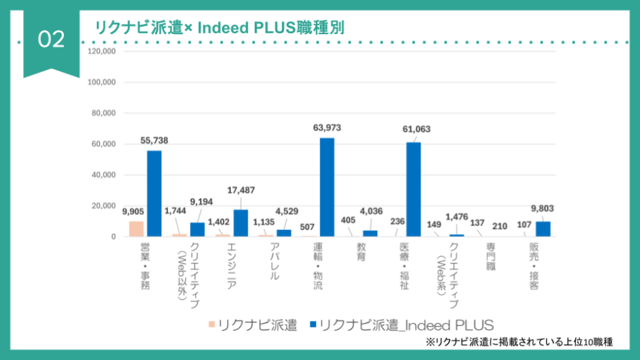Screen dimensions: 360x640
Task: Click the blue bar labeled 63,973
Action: pyautogui.click(x=327, y=187)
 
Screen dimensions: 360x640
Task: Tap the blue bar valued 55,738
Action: pyautogui.click(x=154, y=193)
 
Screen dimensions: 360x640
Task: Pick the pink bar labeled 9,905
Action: pyautogui.click(x=136, y=229)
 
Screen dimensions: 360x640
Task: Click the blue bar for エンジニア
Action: pyautogui.click(x=240, y=223)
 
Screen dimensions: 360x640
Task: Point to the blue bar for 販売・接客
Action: pyautogui.click(x=543, y=229)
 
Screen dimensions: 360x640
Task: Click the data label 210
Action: pyautogui.click(x=500, y=226)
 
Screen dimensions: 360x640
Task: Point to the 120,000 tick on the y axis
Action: pyautogui.click(x=102, y=51)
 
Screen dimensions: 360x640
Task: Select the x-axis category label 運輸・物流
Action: pyautogui.click(x=318, y=266)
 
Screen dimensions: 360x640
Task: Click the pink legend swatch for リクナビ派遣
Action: pyautogui.click(x=212, y=325)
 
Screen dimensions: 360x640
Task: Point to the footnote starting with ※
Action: pyautogui.click(x=519, y=342)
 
